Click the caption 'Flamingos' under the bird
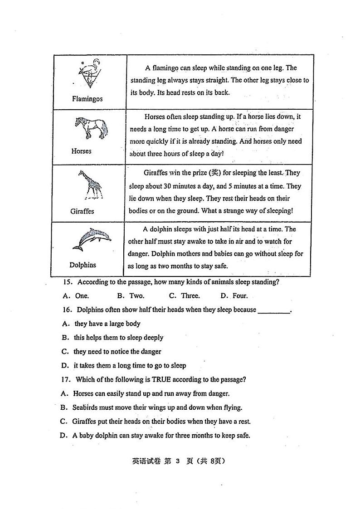click(x=87, y=99)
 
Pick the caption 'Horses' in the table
click(x=81, y=151)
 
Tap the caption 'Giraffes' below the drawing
click(x=82, y=211)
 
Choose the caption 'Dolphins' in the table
click(x=83, y=265)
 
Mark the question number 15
click(x=68, y=282)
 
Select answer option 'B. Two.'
click(x=131, y=296)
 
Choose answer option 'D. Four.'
click(x=234, y=296)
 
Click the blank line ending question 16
click(x=273, y=311)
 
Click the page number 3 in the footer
click(x=178, y=461)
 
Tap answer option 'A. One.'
click(x=76, y=296)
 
